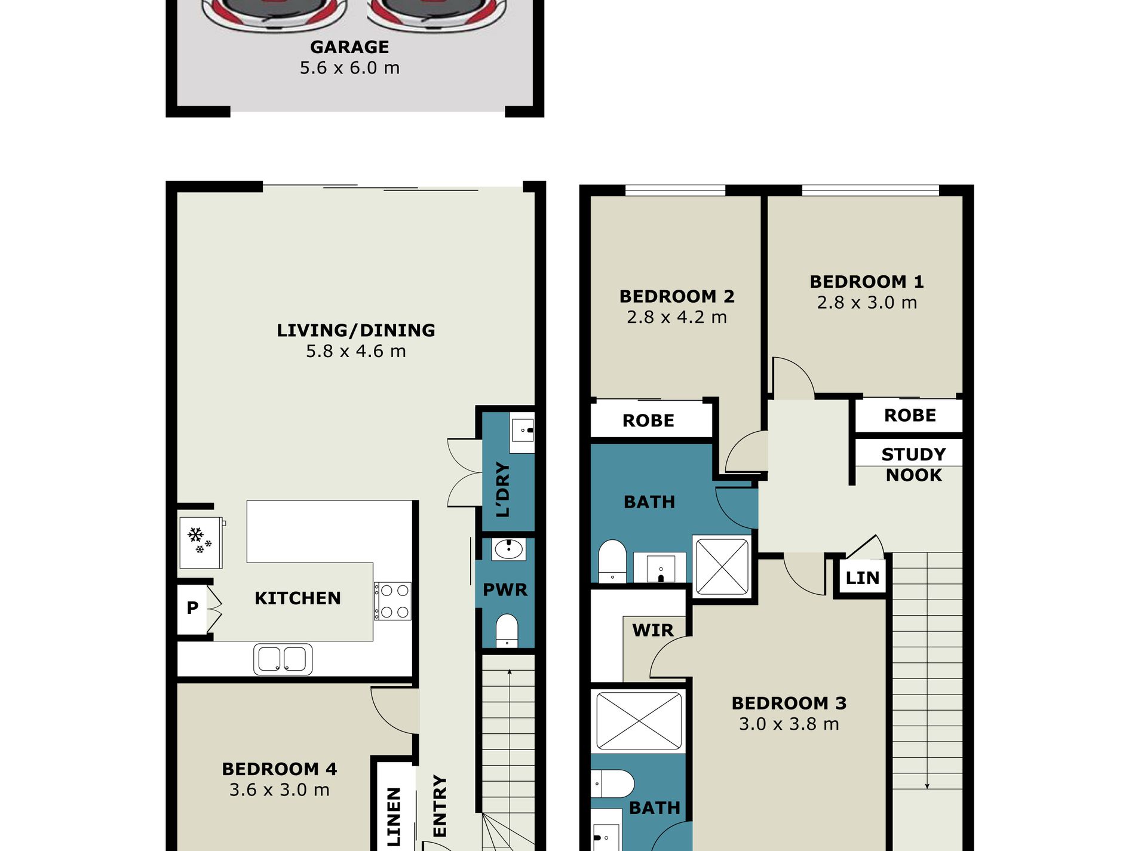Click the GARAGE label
pos(349,47)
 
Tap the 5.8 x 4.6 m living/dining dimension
pos(356,351)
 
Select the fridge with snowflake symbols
pos(201,542)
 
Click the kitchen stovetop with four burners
pos(393,601)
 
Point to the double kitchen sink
pos(283,659)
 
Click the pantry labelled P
pos(192,608)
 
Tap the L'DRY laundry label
pos(504,489)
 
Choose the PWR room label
pos(505,590)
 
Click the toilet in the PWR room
pos(507,630)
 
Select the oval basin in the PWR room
pos(508,549)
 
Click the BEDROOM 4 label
pos(280,769)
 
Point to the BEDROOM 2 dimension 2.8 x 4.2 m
pos(677,317)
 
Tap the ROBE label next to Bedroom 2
pos(648,420)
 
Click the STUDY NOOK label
pos(914,465)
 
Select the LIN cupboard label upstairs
pos(863,577)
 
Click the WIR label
pos(653,630)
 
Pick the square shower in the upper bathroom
pos(722,566)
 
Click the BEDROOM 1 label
pos(867,281)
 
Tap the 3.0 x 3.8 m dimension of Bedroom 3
pos(789,724)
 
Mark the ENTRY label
pos(440,806)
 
